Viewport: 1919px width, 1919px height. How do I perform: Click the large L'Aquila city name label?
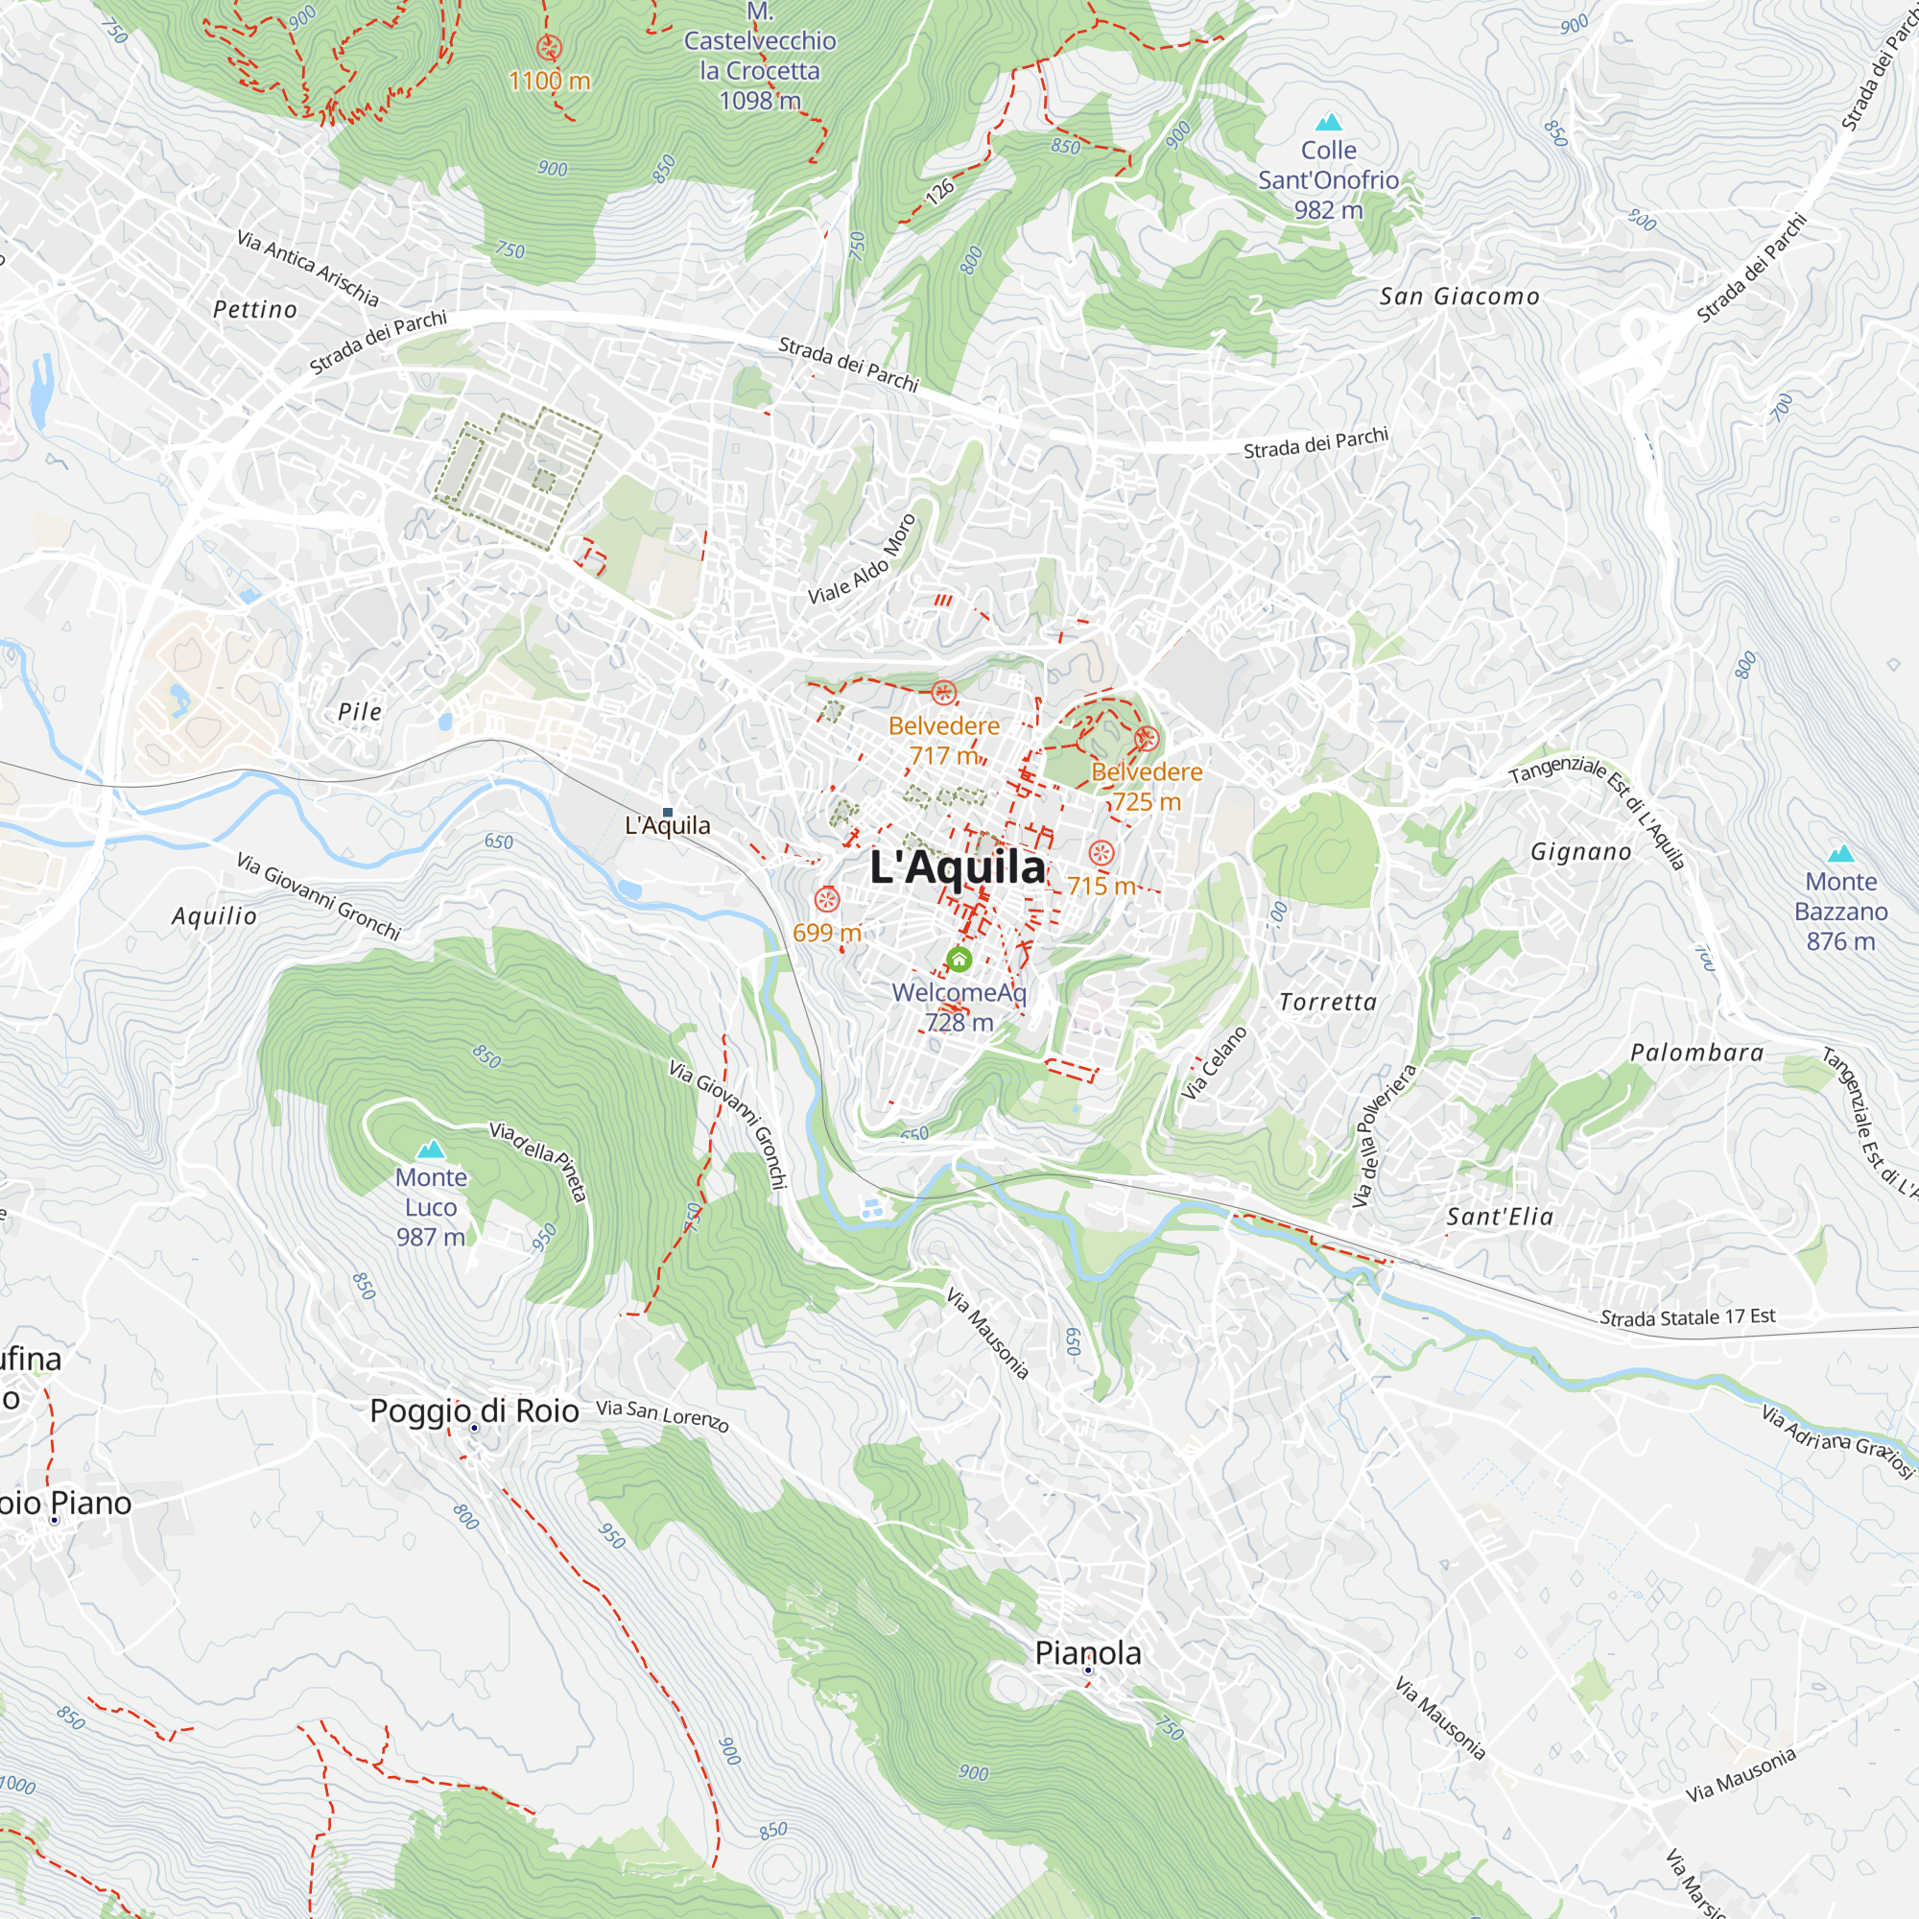tap(958, 867)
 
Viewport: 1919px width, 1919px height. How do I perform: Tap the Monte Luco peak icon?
tap(430, 1149)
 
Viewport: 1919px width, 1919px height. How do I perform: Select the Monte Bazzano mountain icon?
tap(1840, 853)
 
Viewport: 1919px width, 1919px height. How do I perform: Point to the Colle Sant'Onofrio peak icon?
tap(1328, 122)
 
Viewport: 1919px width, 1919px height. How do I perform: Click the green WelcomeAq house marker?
tap(959, 959)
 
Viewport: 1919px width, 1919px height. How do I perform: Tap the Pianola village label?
tap(1088, 1653)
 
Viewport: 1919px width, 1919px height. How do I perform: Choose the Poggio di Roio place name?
tap(474, 1410)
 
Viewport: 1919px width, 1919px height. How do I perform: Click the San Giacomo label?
tap(1459, 296)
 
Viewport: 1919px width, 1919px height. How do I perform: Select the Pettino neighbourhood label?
tap(255, 310)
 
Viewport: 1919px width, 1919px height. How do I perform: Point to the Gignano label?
tap(1580, 851)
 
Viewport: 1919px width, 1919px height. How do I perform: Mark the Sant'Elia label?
tap(1499, 1216)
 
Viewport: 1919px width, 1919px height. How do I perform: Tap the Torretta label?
tap(1327, 1003)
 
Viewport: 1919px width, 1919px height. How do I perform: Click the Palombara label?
tap(1696, 1053)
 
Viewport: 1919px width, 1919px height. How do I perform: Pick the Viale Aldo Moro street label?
tap(862, 560)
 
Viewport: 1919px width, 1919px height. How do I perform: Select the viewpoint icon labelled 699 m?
tap(826, 900)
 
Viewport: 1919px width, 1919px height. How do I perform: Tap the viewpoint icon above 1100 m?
tap(549, 47)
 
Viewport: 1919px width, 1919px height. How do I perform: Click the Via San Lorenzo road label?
tap(662, 1415)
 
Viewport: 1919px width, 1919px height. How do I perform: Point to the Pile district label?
tap(360, 711)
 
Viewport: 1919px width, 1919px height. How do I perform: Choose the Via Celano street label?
tap(1214, 1063)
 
